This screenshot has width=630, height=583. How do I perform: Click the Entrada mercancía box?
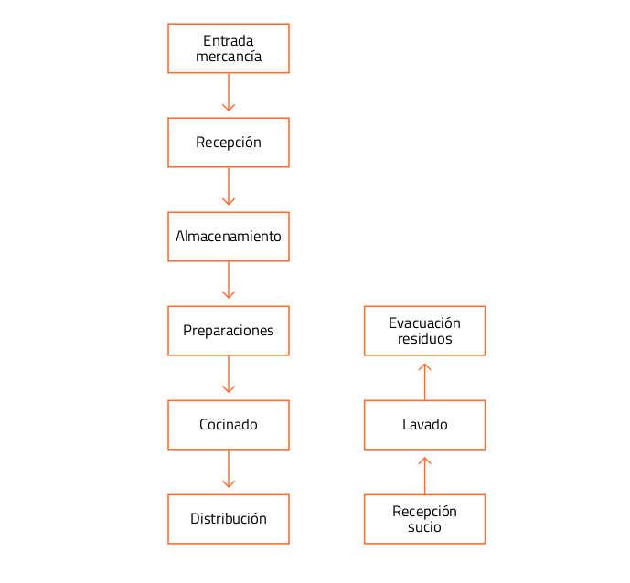pyautogui.click(x=229, y=48)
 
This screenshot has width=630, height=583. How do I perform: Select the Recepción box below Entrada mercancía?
pyautogui.click(x=229, y=143)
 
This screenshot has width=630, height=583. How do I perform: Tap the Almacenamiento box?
pyautogui.click(x=229, y=237)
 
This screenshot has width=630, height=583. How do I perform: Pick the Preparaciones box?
pyautogui.click(x=229, y=331)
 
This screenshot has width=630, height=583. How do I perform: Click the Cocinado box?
pyautogui.click(x=229, y=425)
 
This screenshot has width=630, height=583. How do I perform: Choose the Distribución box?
pyautogui.click(x=229, y=519)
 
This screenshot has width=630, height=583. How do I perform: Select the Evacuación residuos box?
pyautogui.click(x=424, y=331)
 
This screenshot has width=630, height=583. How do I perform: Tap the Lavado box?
pyautogui.click(x=424, y=425)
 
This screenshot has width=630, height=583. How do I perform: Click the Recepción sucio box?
pyautogui.click(x=424, y=519)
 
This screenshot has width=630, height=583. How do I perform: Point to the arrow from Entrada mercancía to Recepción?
pyautogui.click(x=229, y=92)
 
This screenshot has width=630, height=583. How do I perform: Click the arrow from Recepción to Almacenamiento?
pyautogui.click(x=229, y=186)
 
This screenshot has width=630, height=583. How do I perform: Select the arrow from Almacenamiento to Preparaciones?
pyautogui.click(x=229, y=281)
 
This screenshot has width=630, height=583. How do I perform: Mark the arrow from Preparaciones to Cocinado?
pyautogui.click(x=229, y=375)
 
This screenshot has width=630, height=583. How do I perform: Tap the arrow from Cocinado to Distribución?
pyautogui.click(x=229, y=469)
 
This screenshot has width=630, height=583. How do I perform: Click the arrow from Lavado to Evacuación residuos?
pyautogui.click(x=424, y=381)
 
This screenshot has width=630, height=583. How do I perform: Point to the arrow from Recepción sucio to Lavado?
pyautogui.click(x=424, y=476)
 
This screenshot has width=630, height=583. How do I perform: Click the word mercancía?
pyautogui.click(x=229, y=57)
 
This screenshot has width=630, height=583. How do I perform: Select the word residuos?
pyautogui.click(x=424, y=339)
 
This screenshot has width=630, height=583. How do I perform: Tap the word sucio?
pyautogui.click(x=424, y=527)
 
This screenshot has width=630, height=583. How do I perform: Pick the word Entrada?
pyautogui.click(x=229, y=41)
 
